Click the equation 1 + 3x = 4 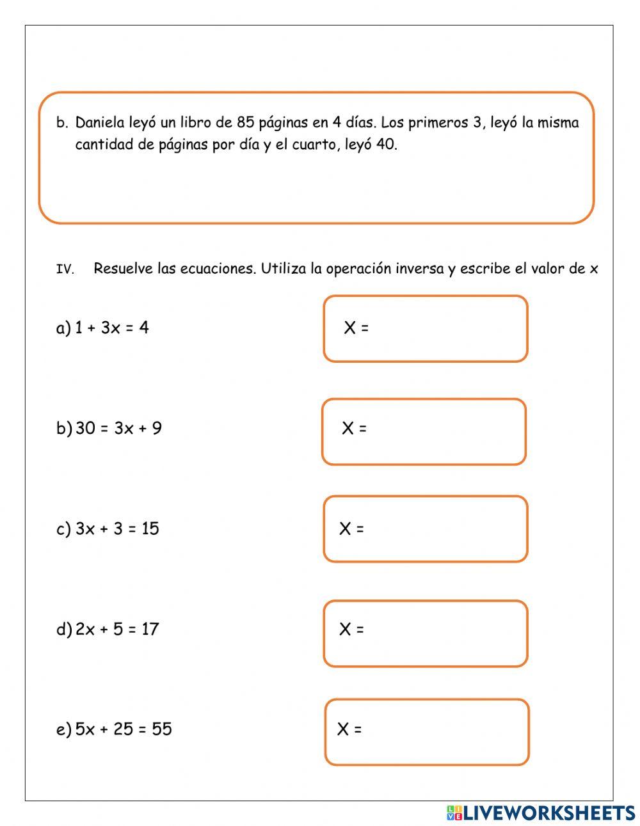pyautogui.click(x=111, y=328)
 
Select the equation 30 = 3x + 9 pyautogui.click(x=118, y=429)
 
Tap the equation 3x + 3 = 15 pyautogui.click(x=117, y=529)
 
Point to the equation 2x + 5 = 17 pyautogui.click(x=116, y=630)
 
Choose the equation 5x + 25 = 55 pyautogui.click(x=124, y=729)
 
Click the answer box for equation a pyautogui.click(x=426, y=329)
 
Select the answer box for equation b pyautogui.click(x=424, y=432)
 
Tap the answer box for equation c pyautogui.click(x=426, y=529)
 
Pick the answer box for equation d pyautogui.click(x=426, y=633)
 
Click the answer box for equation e pyautogui.click(x=427, y=732)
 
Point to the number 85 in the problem pyautogui.click(x=246, y=122)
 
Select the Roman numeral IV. pyautogui.click(x=65, y=270)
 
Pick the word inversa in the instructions pyautogui.click(x=419, y=269)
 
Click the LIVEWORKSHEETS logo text pyautogui.click(x=549, y=813)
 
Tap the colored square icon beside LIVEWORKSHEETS pyautogui.click(x=454, y=813)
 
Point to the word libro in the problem pyautogui.click(x=196, y=122)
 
